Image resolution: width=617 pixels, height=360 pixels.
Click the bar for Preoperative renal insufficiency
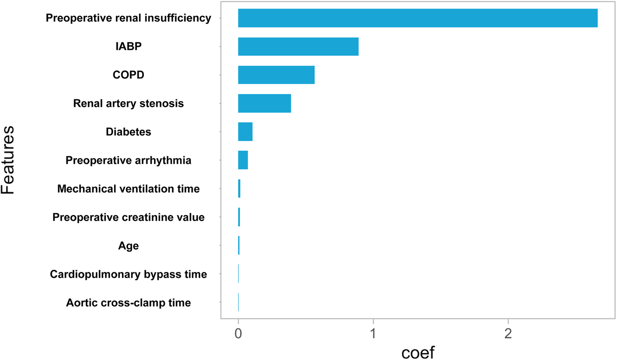[417, 18]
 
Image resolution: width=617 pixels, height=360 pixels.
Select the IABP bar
[298, 46]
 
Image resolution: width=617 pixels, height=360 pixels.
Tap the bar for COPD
[276, 75]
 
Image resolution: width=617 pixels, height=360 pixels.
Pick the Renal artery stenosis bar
[264, 103]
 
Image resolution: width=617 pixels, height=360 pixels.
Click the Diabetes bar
[245, 132]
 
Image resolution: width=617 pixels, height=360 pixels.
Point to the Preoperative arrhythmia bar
[243, 160]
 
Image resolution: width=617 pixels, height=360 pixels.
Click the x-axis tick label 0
[238, 334]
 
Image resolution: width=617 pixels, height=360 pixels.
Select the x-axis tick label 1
[373, 334]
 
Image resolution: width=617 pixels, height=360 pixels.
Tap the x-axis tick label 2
[508, 334]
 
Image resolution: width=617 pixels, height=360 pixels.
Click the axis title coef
[418, 353]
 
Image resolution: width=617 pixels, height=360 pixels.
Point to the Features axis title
[8, 160]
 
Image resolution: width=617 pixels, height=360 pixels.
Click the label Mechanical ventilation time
[128, 189]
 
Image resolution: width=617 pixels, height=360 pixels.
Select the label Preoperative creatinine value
[128, 217]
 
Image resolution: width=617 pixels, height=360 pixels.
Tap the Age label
[128, 246]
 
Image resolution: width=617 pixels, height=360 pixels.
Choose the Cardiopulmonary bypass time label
[128, 274]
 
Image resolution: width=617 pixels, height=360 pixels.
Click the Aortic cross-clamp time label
[128, 303]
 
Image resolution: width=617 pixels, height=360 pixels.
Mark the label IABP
[128, 46]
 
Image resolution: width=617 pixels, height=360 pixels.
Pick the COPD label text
[128, 75]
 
